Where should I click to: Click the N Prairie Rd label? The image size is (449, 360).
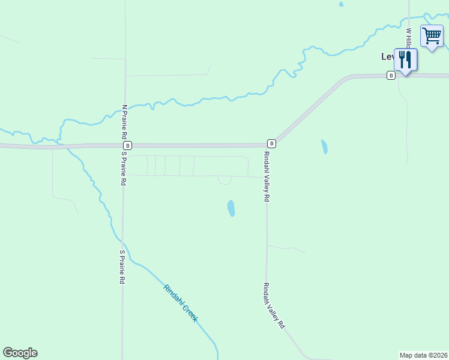click(x=124, y=120)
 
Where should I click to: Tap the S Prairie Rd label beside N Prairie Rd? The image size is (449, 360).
click(x=124, y=169)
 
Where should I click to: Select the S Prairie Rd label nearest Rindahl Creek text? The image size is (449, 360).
click(x=122, y=267)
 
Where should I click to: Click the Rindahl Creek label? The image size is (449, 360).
click(x=180, y=303)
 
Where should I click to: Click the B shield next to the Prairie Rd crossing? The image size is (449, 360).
click(x=127, y=145)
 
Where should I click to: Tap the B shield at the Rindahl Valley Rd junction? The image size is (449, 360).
click(x=272, y=143)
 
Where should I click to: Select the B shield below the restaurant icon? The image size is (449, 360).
click(x=391, y=75)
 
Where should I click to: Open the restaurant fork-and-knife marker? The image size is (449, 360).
click(x=405, y=59)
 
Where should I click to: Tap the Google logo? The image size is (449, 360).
click(x=20, y=353)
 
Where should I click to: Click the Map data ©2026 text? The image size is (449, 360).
click(x=424, y=355)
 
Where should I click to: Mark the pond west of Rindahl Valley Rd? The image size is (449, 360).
click(x=231, y=208)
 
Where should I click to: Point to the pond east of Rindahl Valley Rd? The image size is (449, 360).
click(x=324, y=146)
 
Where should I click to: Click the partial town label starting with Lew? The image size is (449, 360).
click(x=388, y=56)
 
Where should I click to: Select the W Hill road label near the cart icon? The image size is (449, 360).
click(x=409, y=38)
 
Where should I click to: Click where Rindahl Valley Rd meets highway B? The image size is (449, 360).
click(x=266, y=145)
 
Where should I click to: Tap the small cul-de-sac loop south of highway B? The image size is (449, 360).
click(x=224, y=181)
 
